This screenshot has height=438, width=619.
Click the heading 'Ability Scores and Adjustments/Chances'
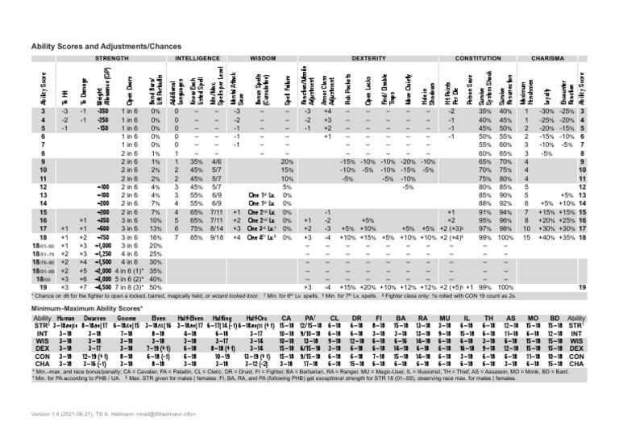click(112, 49)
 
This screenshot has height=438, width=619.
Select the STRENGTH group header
click(107, 59)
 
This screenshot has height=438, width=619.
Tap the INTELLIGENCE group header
click(197, 59)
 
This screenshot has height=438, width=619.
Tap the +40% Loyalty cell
click(553, 239)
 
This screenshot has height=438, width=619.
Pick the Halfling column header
click(226, 319)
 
